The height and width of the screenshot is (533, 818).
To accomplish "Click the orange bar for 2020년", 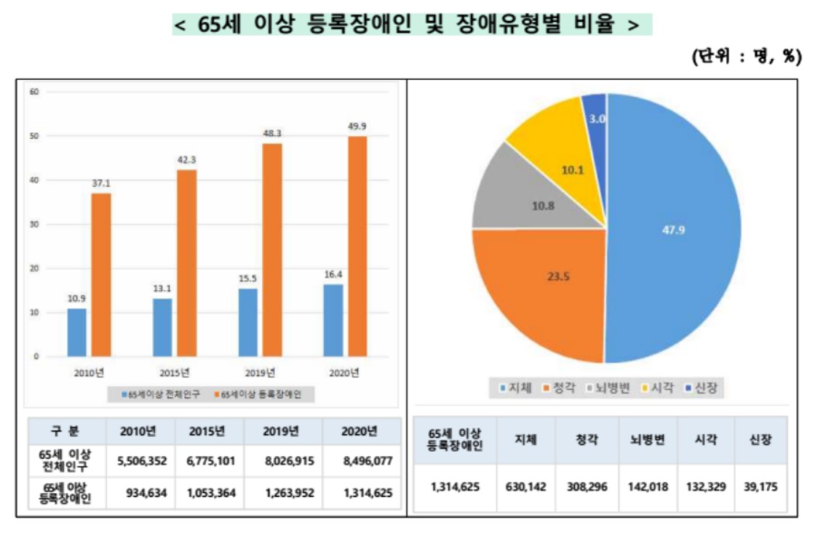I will tap(357, 247).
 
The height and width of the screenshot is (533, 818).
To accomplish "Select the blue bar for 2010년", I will tap(77, 332).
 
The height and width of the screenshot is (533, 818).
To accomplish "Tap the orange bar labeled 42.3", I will tap(186, 263).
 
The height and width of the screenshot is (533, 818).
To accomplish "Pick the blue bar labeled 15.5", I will tap(248, 322).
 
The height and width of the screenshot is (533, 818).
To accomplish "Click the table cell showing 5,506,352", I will tap(142, 460).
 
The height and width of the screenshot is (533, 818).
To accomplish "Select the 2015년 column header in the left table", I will tap(207, 430).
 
